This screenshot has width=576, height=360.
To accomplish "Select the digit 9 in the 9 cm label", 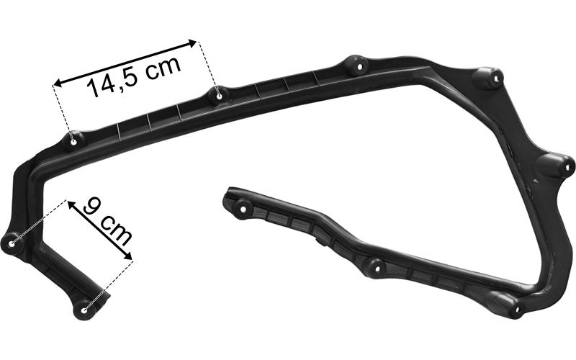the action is point(92,208).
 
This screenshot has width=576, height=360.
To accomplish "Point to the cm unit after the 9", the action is point(117,230).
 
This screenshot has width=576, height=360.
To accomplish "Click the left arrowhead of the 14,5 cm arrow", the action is point(59,83).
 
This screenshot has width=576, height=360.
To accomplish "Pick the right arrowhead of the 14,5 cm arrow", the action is point(192,42).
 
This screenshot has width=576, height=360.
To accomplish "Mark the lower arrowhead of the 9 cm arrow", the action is point(127,256).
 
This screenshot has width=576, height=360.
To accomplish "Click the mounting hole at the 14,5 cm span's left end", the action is point(73,142).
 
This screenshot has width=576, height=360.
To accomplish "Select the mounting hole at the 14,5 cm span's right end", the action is point(220,96).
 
